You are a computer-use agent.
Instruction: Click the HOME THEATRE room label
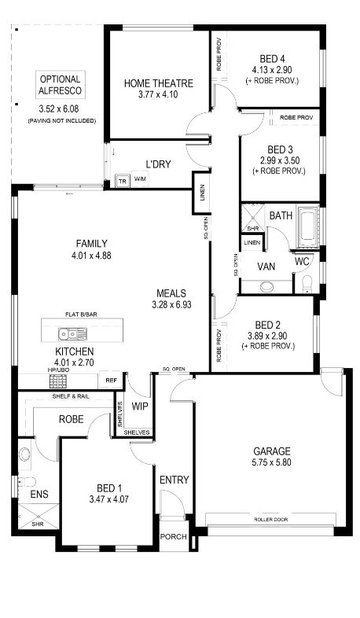(159, 83)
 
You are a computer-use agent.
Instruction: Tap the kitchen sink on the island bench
(72, 334)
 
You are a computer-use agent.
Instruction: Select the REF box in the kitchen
(112, 381)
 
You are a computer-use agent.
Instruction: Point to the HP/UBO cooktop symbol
(58, 381)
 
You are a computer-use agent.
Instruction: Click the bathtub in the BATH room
(308, 228)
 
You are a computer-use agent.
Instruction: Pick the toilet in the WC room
(307, 283)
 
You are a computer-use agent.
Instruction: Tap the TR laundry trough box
(123, 181)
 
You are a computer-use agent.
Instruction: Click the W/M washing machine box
(140, 179)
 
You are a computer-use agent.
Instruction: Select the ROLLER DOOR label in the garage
(270, 520)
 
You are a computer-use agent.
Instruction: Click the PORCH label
(173, 537)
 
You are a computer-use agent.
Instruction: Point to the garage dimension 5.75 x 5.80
(272, 462)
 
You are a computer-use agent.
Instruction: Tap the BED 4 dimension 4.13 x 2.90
(272, 70)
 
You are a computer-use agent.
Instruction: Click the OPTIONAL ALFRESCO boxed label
(61, 85)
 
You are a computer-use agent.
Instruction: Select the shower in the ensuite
(39, 517)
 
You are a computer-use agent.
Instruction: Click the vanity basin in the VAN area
(266, 286)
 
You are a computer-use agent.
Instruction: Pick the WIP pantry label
(139, 406)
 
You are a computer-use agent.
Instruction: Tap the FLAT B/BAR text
(82, 315)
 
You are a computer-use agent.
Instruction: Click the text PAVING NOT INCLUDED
(62, 121)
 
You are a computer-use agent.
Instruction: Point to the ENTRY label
(174, 480)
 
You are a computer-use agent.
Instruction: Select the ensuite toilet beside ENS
(28, 482)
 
